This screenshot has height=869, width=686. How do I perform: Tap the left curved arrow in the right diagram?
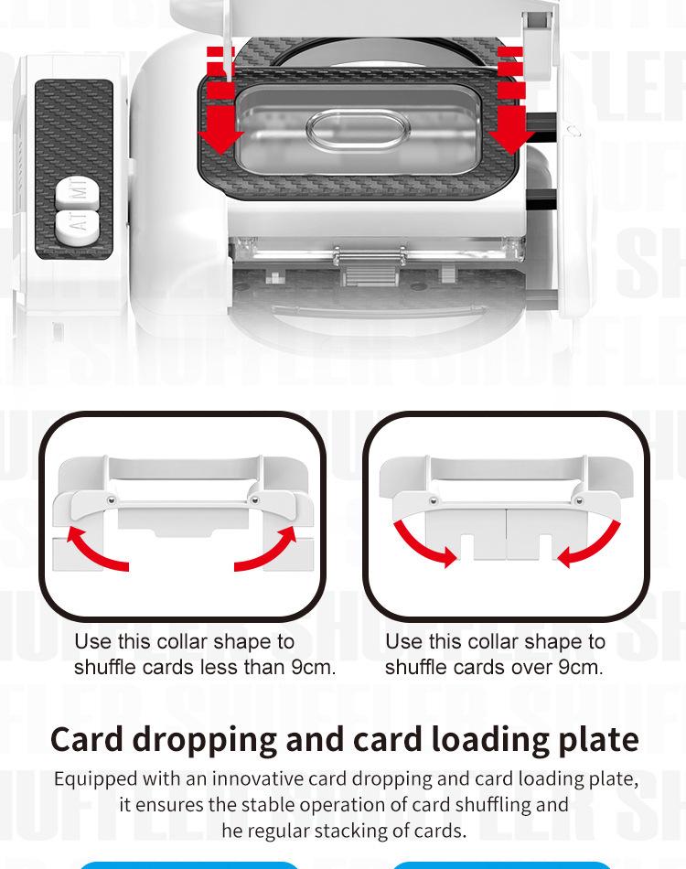coord(423,544)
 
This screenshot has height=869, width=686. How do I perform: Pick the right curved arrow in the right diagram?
coord(588,544)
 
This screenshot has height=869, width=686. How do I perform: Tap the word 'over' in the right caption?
coord(532,667)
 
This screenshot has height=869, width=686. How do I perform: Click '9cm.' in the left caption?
coord(314,667)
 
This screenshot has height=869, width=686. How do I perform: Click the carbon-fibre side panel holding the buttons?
coord(74,169)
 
